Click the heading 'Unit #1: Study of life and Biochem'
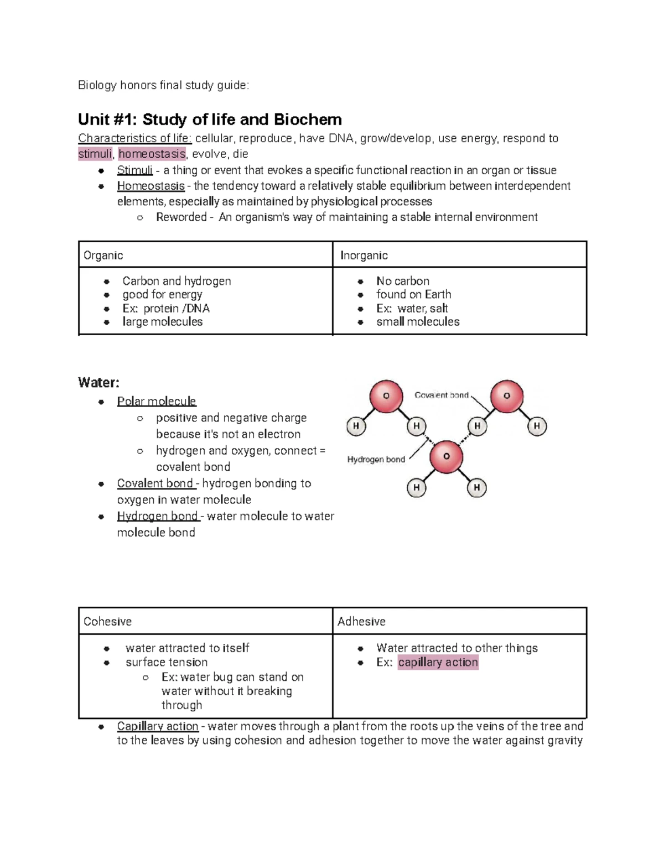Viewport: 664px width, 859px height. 210,119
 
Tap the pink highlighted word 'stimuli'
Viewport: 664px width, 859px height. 95,154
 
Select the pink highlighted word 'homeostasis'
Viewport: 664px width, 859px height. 152,154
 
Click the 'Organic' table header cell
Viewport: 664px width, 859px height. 103,255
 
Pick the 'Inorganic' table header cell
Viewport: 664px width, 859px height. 364,255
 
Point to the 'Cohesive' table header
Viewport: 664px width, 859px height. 107,621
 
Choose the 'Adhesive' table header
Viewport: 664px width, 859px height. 361,621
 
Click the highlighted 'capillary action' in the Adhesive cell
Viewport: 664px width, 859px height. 438,662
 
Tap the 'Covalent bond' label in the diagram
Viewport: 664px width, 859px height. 442,395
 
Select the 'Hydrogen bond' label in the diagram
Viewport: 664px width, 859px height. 376,459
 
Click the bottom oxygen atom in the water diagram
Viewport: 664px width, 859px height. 446,457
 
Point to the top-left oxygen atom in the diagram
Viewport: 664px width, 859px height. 386,396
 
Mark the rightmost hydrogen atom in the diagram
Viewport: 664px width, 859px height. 536,426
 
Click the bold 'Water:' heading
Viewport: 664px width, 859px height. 98,382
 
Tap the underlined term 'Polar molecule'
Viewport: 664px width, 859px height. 157,401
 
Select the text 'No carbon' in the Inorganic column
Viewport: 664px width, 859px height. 403,281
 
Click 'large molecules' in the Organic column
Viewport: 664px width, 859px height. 162,321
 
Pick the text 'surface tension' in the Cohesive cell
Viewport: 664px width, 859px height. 167,662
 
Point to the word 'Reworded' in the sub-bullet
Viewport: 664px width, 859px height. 181,217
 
